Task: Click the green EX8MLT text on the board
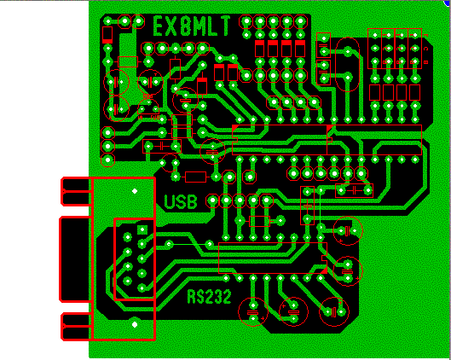192,26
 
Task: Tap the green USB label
181,201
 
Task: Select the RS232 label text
209,297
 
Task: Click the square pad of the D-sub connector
142,229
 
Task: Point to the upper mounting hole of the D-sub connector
135,191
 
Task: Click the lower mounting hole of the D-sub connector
135,325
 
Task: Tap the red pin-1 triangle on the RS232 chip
324,270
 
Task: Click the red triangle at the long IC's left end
235,127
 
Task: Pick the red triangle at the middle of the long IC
330,128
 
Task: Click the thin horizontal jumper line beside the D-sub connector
189,244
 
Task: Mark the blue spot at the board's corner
448,3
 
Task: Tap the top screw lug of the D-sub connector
76,191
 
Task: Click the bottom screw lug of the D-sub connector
76,327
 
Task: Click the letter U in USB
170,201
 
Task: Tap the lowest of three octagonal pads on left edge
108,160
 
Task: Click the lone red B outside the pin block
426,62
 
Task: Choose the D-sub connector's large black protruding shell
75,259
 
